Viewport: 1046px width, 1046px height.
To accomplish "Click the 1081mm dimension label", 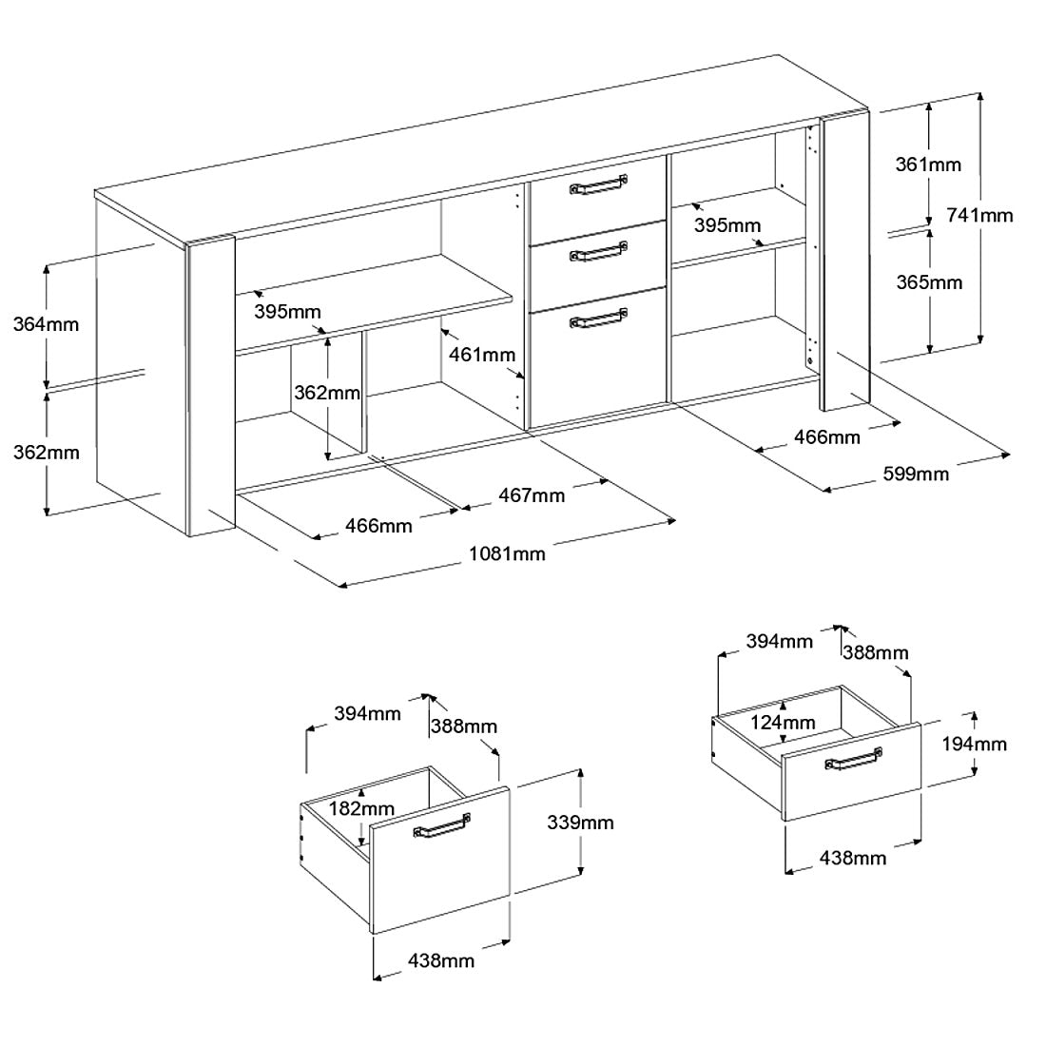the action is pos(507,553).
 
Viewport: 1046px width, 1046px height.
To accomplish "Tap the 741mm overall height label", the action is pos(979,216).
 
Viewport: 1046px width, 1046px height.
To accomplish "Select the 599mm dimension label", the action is pos(916,474).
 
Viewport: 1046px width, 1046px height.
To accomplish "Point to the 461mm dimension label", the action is pos(482,355).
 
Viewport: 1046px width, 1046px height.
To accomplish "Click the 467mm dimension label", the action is pos(532,495).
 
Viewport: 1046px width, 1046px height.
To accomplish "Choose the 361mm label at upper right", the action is pos(928,165).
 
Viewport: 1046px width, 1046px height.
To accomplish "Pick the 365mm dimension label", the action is pos(929,282).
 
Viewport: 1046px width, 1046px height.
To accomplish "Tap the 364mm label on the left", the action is pos(46,324).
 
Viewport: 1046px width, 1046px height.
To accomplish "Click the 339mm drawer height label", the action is pos(580,823).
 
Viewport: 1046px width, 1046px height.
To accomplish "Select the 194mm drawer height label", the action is pos(974,744).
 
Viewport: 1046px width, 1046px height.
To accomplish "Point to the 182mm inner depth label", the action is pos(361,808).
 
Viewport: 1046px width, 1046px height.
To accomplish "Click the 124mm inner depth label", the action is pos(783,723).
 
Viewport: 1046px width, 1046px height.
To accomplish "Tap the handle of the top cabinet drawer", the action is pos(598,184).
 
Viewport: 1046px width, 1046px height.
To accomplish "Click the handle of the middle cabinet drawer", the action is pos(598,251).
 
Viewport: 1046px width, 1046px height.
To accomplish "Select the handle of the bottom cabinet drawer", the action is pos(598,319).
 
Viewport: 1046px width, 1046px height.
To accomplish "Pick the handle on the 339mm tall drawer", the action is pos(441,825).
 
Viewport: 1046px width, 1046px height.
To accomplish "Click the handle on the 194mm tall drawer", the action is pos(853,759).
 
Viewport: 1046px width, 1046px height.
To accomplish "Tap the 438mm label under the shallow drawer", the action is pos(853,857).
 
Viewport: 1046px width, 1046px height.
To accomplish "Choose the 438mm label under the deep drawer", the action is pos(441,960).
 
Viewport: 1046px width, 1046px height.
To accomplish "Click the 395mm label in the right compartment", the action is pos(727,225).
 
